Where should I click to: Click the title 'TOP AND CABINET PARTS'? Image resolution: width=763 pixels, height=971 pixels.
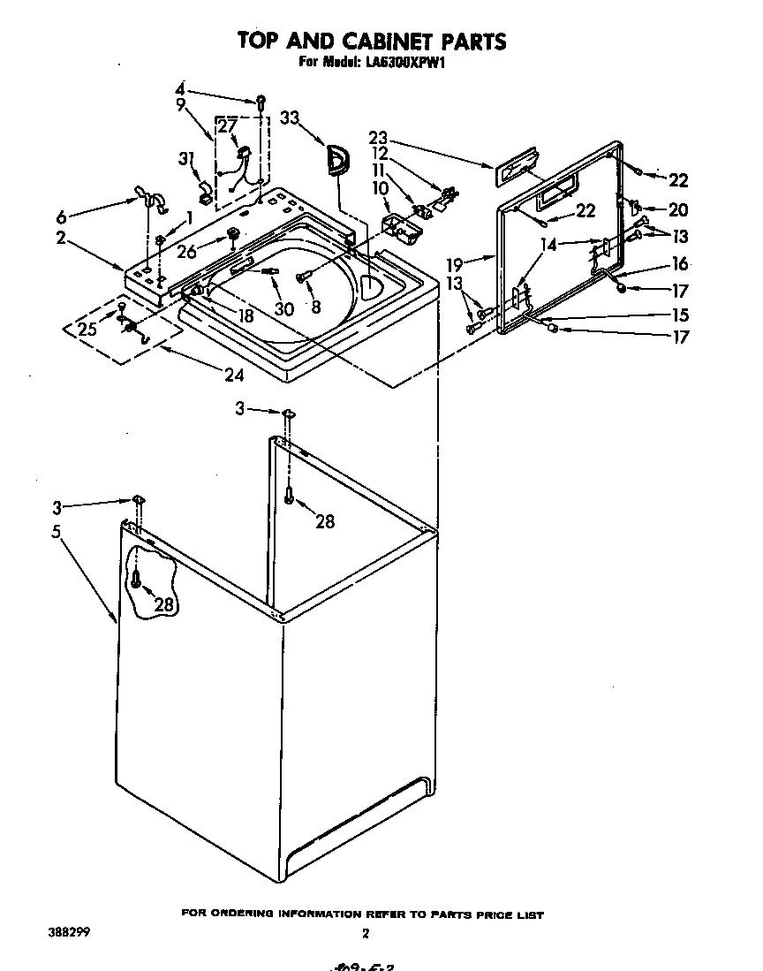pyautogui.click(x=371, y=41)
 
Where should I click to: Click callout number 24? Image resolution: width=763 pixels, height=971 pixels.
pyautogui.click(x=233, y=375)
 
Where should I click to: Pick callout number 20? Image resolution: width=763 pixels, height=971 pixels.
pyautogui.click(x=677, y=210)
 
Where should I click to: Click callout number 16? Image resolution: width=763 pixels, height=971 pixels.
pyautogui.click(x=677, y=263)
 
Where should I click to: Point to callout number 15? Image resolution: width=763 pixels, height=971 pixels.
pyautogui.click(x=677, y=314)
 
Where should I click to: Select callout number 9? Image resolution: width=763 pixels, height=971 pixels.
pyautogui.click(x=180, y=104)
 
